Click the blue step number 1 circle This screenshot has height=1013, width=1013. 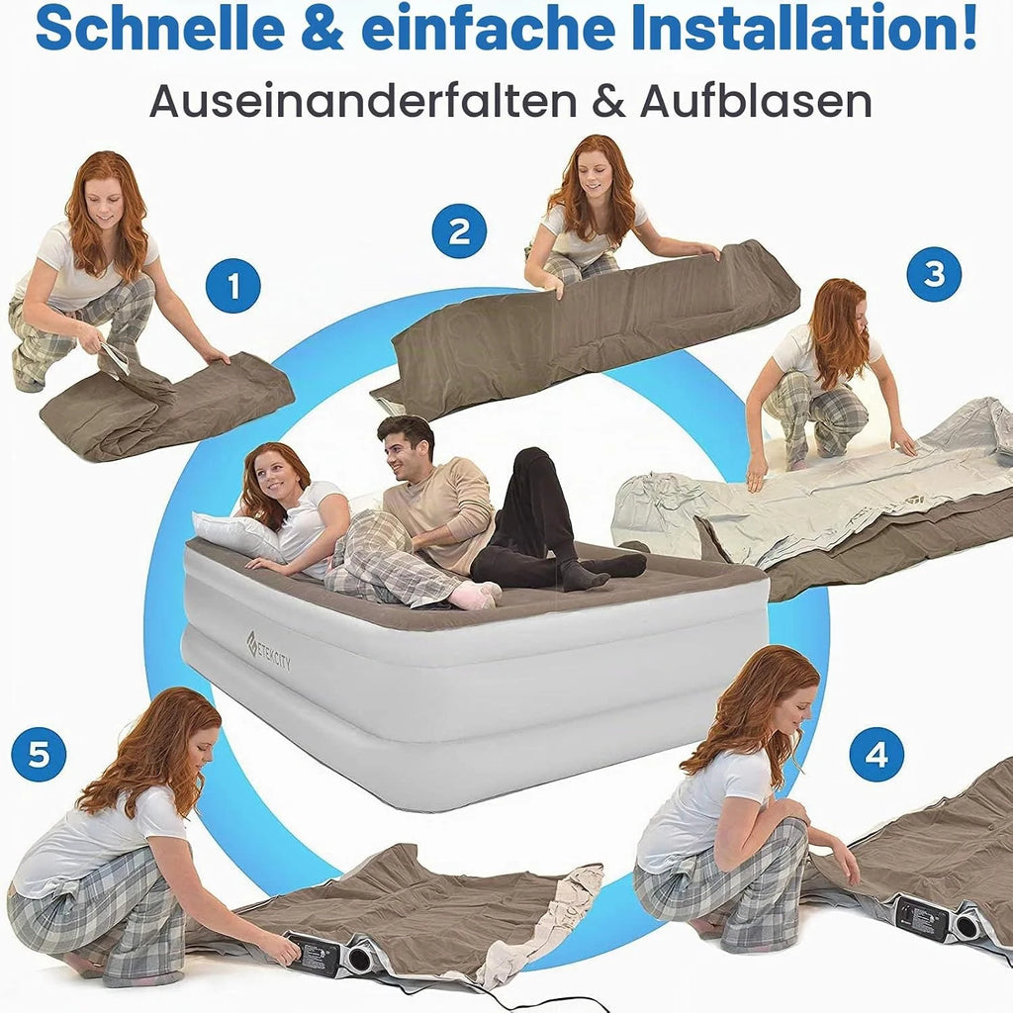[x=233, y=286]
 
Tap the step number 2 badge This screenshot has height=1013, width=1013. [x=459, y=231]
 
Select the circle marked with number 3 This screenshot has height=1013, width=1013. [x=934, y=274]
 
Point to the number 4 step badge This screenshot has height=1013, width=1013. [x=876, y=755]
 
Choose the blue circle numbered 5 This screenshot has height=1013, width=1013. [x=39, y=754]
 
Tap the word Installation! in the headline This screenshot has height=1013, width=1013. [x=803, y=29]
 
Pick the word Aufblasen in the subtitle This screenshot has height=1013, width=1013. [x=756, y=101]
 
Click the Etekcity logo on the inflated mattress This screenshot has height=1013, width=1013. [x=269, y=650]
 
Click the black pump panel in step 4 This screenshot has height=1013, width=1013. [x=922, y=917]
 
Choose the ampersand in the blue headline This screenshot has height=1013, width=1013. [x=322, y=30]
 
